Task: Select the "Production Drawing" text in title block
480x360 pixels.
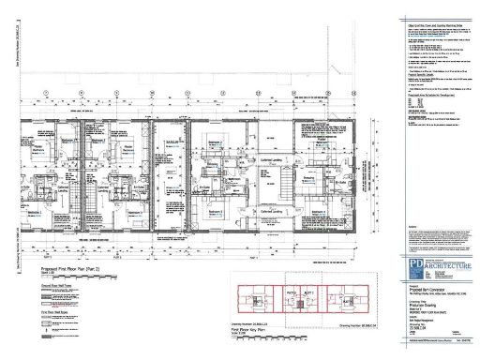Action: [x=420, y=304]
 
